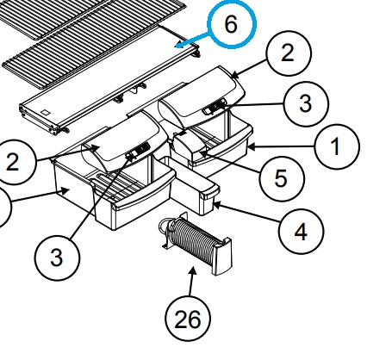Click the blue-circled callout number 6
coord(232,24)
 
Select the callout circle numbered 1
coord(337,146)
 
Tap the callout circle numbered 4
coord(301,232)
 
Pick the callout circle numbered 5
coord(282,179)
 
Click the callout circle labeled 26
coord(188,319)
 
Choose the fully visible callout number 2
coord(289,53)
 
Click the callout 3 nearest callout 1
coord(306,104)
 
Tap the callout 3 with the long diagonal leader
coord(57,258)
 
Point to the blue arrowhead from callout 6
coord(179,46)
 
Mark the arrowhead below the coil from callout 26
coord(193,270)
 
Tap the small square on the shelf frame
coord(45,113)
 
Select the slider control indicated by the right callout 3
coord(215,108)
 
